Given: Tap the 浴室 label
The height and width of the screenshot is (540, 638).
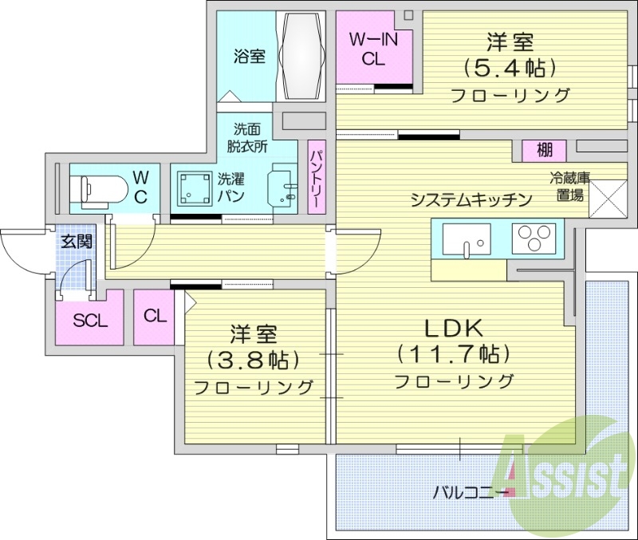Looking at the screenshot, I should [x=249, y=56].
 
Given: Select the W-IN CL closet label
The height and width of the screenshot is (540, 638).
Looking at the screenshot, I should [x=374, y=48].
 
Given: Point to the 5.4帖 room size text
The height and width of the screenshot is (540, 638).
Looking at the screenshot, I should [x=510, y=67].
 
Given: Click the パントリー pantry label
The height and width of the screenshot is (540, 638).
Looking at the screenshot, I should [x=315, y=177].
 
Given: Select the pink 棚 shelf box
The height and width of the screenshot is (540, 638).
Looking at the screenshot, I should [x=544, y=149].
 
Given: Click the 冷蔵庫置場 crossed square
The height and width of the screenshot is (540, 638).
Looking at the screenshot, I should [x=607, y=198].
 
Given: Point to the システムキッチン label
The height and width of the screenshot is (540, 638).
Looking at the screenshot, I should [x=471, y=200].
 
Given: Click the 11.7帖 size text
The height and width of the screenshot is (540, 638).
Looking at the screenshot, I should [x=454, y=353].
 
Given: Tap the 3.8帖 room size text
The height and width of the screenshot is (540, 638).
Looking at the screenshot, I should [x=254, y=359].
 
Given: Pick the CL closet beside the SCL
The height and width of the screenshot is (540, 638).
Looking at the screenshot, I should [x=156, y=316].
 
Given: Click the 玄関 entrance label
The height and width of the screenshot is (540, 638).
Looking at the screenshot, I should [x=77, y=242].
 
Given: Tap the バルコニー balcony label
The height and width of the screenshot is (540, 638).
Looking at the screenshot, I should [x=469, y=491].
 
